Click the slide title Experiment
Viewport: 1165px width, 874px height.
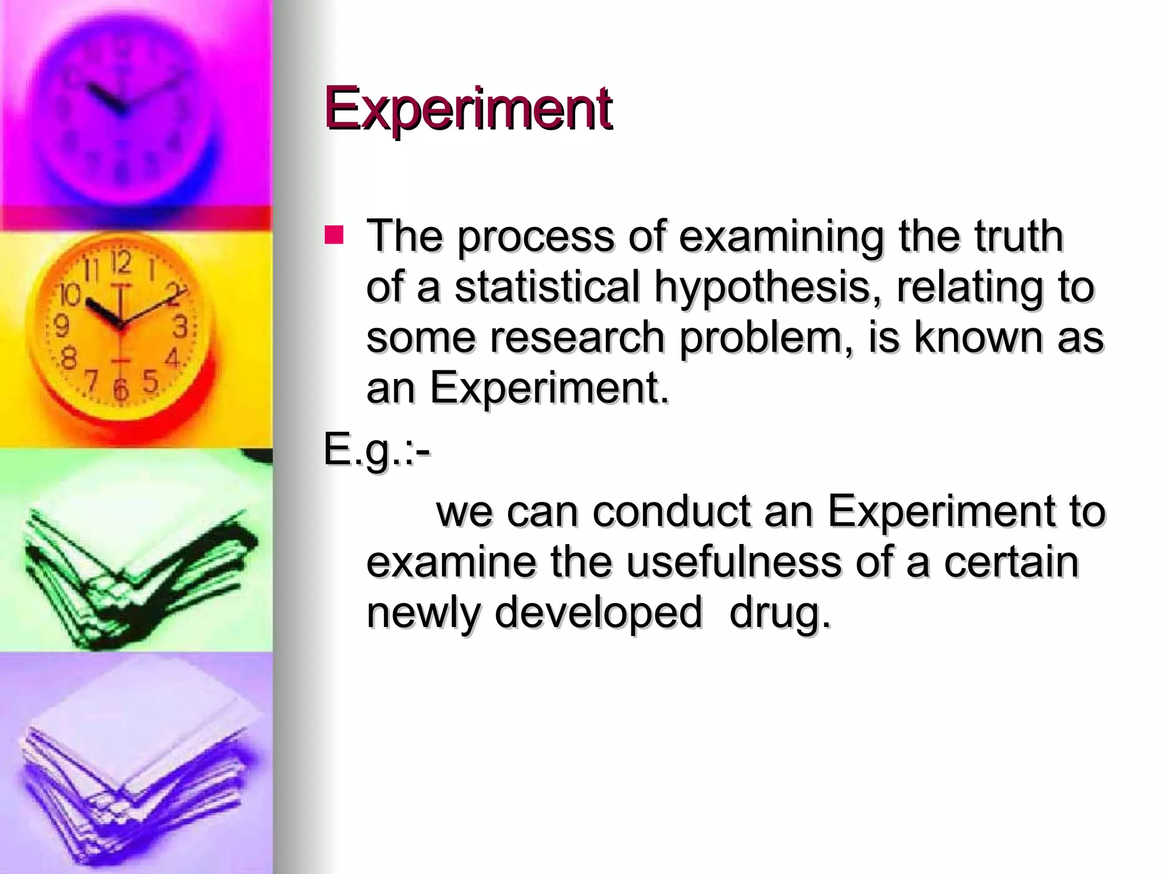click(x=468, y=108)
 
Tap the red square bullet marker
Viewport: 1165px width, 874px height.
click(x=334, y=235)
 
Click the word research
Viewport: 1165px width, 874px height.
click(x=577, y=337)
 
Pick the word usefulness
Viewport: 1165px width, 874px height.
click(x=733, y=562)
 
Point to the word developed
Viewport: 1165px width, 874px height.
click(x=598, y=613)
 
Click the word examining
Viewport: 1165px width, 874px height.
click(x=781, y=236)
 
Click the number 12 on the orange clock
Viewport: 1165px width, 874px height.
click(x=121, y=262)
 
